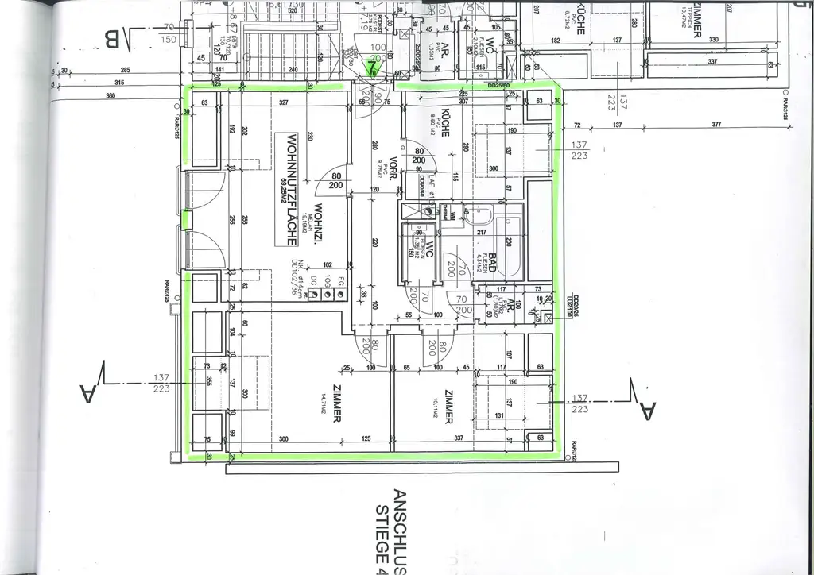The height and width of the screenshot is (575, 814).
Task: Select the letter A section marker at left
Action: point(90,392)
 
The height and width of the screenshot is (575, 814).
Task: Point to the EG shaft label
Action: point(339,279)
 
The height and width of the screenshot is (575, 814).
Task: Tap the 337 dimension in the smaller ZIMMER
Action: point(459,438)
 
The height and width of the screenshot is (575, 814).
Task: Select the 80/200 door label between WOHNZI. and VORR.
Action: point(336,180)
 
